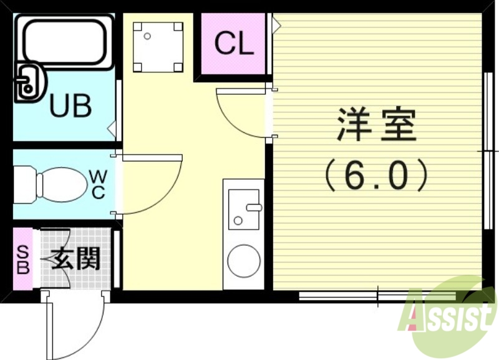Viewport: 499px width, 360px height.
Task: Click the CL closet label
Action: coord(234,44)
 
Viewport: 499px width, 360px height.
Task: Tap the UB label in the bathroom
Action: coord(70,106)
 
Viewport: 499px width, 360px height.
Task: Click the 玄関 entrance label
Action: coord(76,258)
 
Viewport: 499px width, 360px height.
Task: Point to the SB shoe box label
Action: coord(22,259)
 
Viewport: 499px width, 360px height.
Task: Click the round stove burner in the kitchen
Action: coord(244,261)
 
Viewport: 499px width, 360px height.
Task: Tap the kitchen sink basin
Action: coord(243,209)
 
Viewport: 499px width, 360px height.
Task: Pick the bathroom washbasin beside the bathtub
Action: coord(27,81)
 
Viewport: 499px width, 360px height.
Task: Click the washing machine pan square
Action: coord(158,47)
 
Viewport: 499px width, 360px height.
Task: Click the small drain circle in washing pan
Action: coord(148,36)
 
